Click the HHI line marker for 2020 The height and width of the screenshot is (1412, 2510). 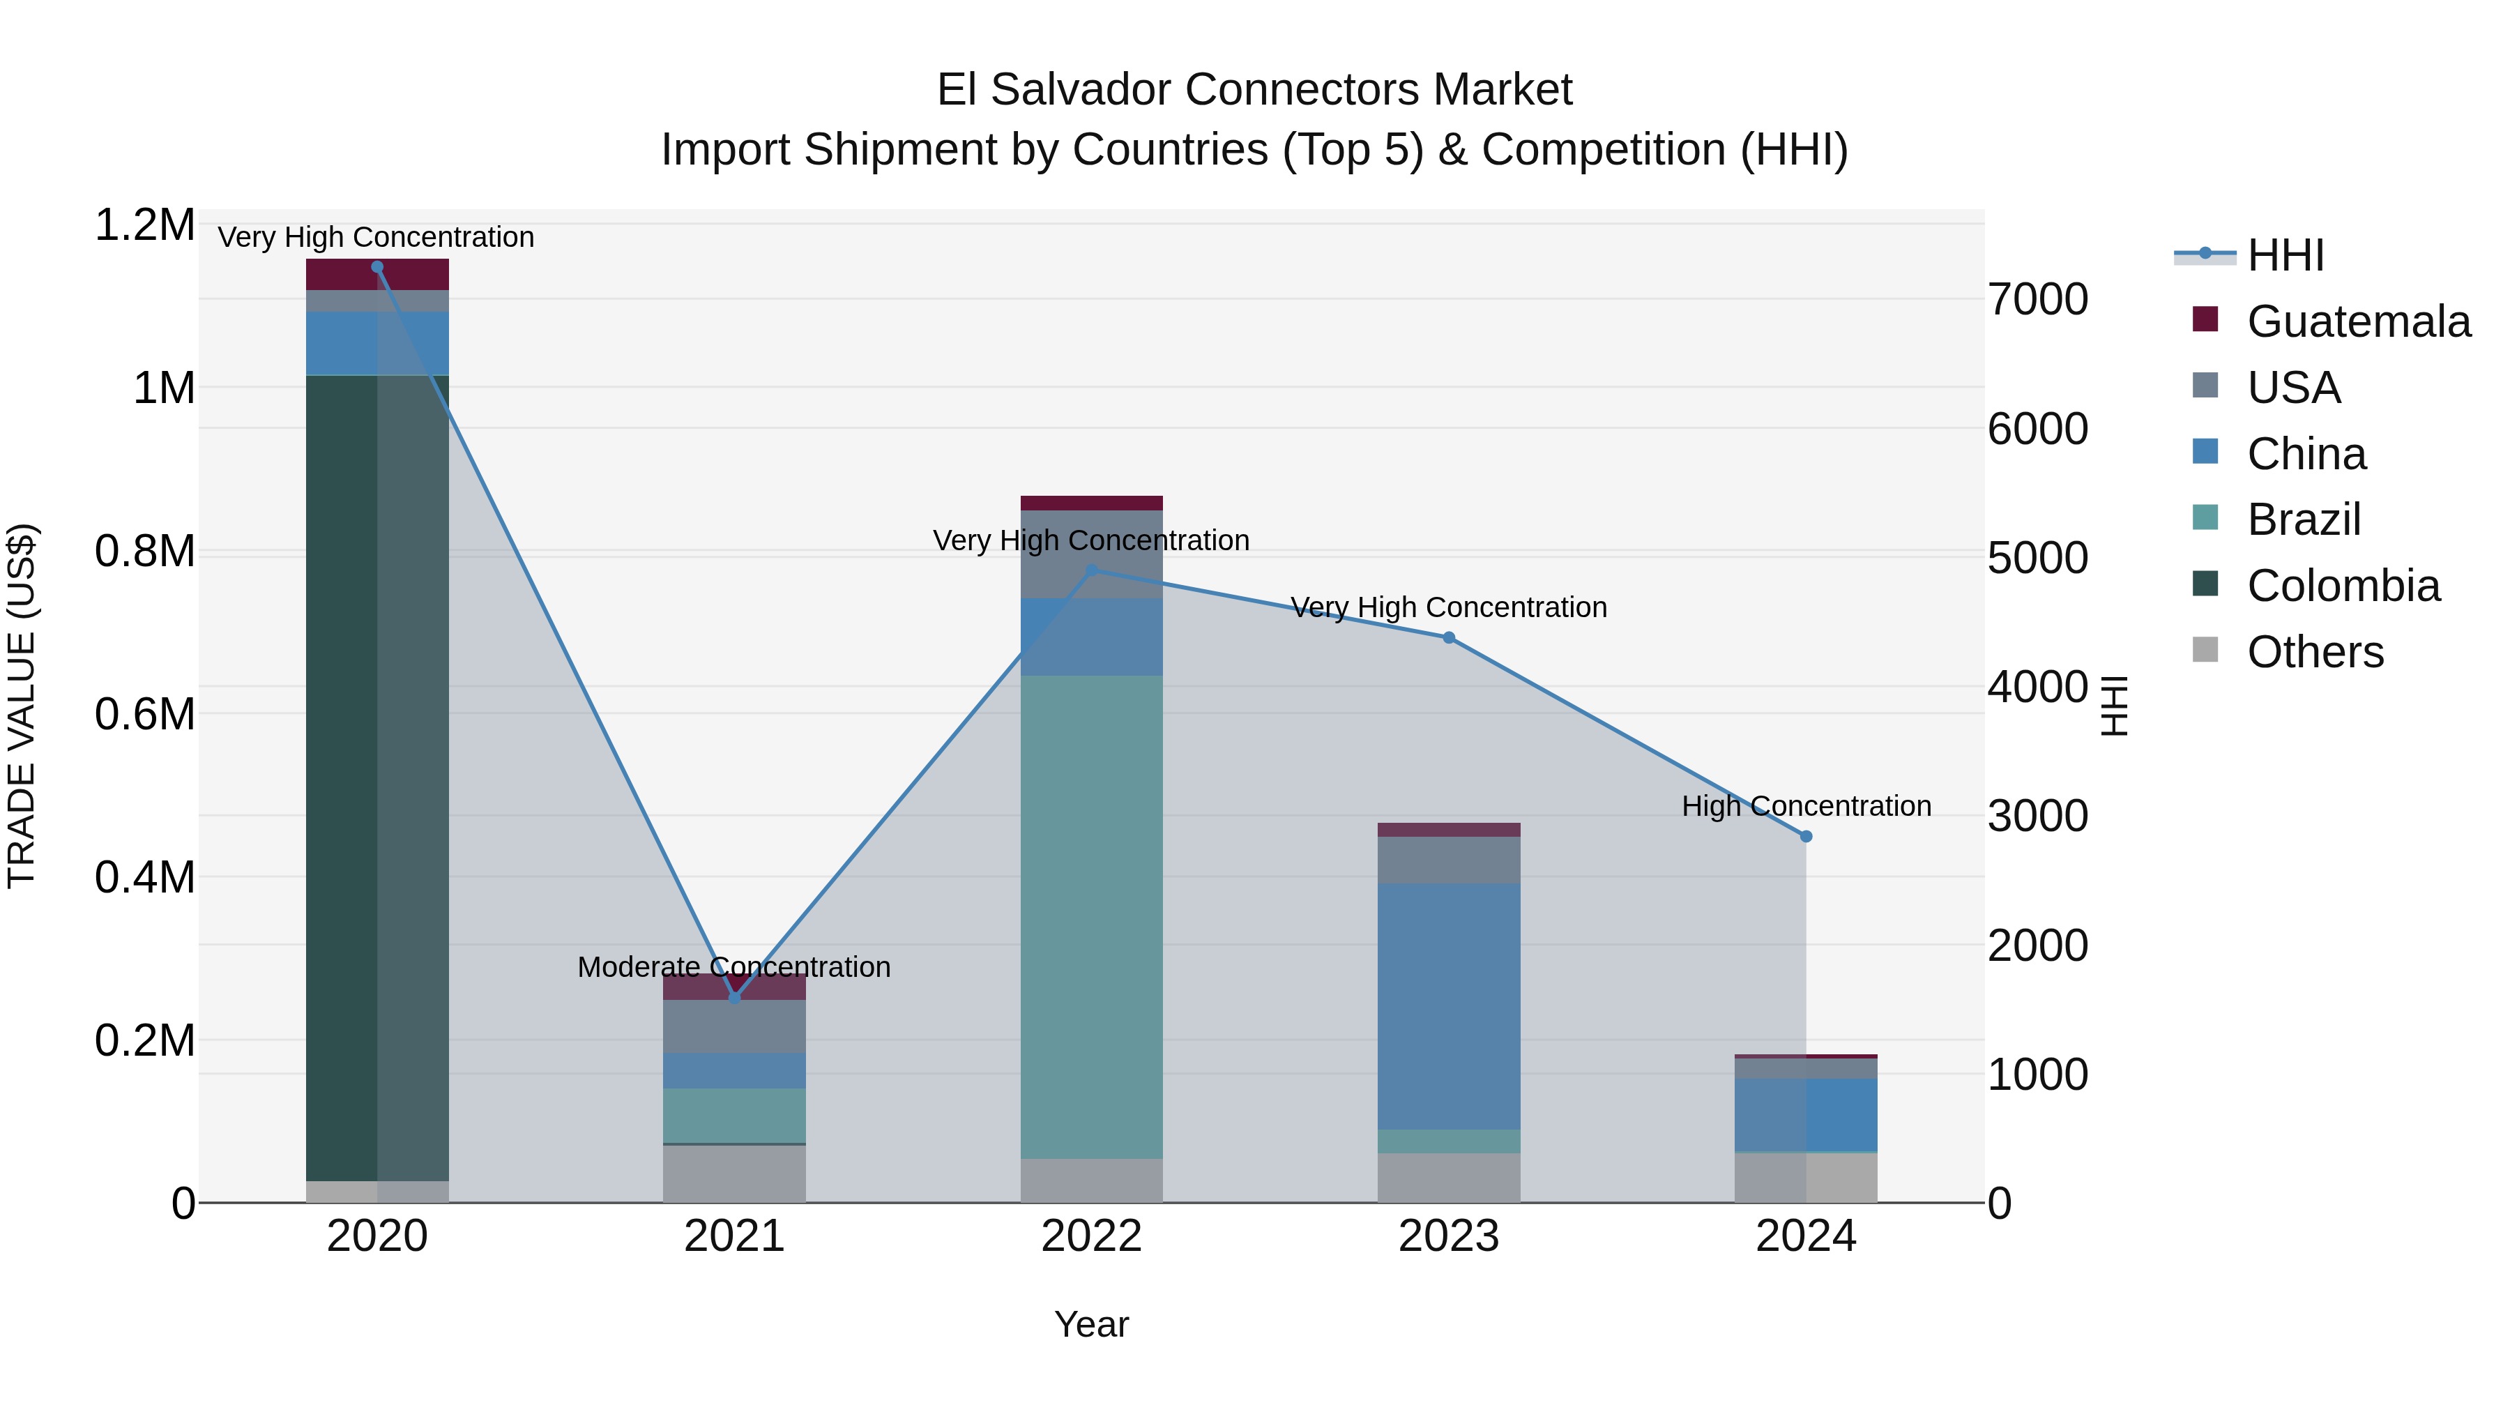(377, 267)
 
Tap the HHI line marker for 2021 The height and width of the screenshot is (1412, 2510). (735, 997)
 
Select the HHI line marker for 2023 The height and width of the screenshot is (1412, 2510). (1448, 637)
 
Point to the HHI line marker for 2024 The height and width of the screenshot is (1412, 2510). (1806, 836)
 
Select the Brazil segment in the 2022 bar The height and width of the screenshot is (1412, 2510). (1091, 916)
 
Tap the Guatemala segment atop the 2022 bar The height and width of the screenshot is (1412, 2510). (1091, 503)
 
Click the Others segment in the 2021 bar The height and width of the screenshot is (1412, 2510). (735, 1174)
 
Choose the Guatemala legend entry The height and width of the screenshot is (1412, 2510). (2358, 321)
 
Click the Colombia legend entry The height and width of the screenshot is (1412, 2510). (2343, 586)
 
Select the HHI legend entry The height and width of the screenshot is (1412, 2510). (2285, 255)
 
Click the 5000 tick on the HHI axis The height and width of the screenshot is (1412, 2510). (2037, 559)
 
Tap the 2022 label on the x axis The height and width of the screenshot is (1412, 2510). (1091, 1236)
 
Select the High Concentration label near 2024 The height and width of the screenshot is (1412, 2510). (1806, 806)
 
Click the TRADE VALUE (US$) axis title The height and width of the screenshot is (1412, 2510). (22, 706)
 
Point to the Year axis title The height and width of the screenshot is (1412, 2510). (1091, 1324)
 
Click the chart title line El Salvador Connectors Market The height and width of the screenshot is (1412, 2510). (1254, 90)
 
